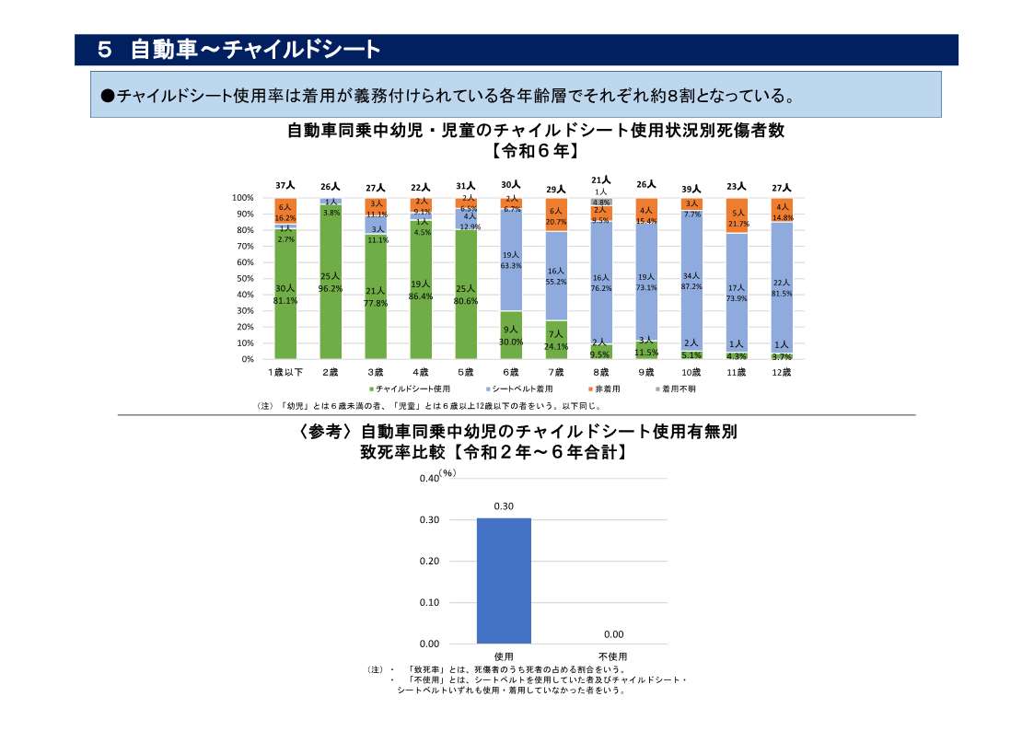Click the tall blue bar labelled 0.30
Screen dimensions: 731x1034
click(504, 581)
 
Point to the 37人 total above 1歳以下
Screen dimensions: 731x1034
click(285, 186)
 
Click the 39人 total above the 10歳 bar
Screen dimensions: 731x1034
click(691, 189)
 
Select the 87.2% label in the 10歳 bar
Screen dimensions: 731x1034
click(691, 286)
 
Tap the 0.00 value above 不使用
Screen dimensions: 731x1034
click(613, 634)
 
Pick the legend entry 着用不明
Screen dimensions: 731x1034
click(680, 389)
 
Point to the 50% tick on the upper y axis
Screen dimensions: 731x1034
click(243, 279)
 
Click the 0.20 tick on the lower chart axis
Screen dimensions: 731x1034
click(428, 561)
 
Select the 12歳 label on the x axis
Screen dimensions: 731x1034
click(782, 372)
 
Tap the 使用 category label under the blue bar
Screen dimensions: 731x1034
click(504, 656)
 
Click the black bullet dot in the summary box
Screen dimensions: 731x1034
click(107, 95)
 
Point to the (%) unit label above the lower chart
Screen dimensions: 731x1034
click(447, 472)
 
